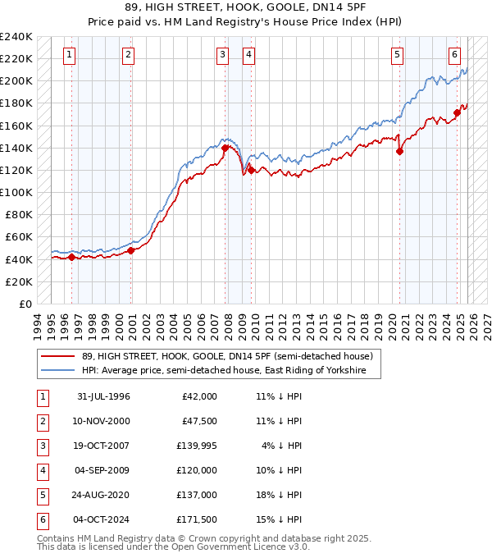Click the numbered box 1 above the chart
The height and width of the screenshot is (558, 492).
[x=69, y=55]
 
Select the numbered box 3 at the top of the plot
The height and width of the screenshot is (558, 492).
[x=222, y=55]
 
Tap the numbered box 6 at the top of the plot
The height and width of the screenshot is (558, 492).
[x=454, y=55]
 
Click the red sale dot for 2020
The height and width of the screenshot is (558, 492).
[x=400, y=151]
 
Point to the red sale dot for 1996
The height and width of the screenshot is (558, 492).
[x=71, y=257]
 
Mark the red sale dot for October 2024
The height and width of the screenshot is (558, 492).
[x=458, y=112]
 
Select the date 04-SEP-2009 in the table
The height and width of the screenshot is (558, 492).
[x=103, y=473]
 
